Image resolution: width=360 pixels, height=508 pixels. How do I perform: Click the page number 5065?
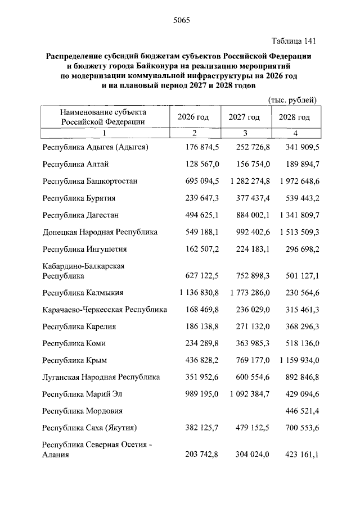[180, 21]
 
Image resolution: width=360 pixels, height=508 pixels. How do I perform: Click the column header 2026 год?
[193, 117]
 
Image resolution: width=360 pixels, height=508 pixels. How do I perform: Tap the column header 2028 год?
[294, 117]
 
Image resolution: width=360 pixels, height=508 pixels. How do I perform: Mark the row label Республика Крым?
[74, 360]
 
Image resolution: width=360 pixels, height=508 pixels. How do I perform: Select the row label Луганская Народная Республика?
[101, 377]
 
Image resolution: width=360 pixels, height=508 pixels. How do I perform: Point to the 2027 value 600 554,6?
[251, 377]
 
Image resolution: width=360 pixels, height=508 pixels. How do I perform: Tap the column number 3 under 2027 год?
[245, 133]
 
